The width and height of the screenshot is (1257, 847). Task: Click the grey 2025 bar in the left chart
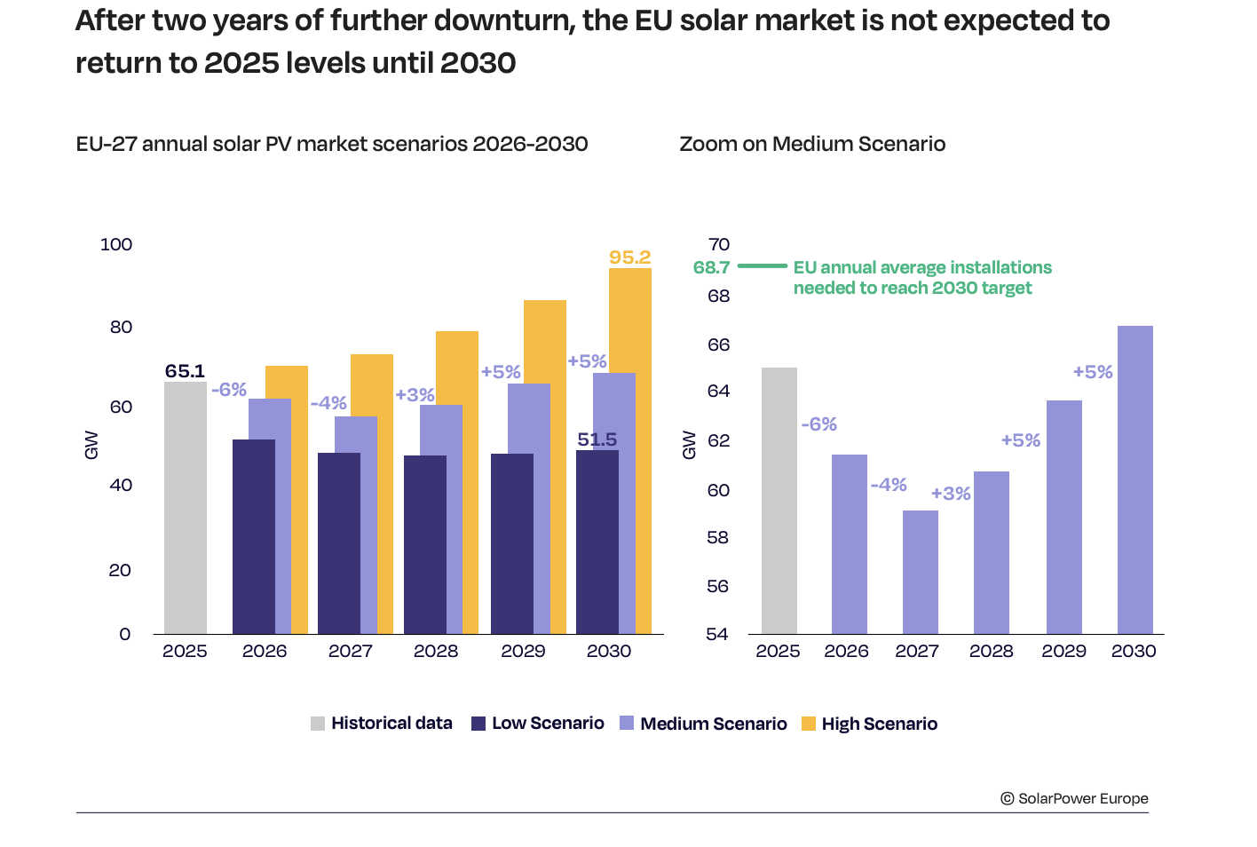(186, 508)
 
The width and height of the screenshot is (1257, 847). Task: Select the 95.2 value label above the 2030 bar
(630, 257)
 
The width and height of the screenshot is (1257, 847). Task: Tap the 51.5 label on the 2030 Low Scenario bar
(597, 439)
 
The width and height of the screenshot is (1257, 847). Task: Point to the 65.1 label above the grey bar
(185, 371)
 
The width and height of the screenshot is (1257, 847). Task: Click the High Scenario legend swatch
(808, 724)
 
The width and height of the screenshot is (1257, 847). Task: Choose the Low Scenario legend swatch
(478, 724)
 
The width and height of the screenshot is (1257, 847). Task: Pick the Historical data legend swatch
(318, 724)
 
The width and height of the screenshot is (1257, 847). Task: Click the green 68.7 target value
(711, 267)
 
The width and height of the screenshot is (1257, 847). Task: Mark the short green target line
(763, 265)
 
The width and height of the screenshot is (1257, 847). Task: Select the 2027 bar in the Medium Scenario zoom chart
(921, 572)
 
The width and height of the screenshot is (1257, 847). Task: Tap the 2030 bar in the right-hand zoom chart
(1135, 479)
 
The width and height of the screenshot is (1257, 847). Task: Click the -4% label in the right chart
(889, 485)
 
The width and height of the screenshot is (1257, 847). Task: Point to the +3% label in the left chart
(415, 395)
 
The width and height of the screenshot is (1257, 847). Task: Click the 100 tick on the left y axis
(116, 244)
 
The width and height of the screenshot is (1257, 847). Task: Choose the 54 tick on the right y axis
(718, 634)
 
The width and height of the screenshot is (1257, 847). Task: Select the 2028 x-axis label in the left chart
(436, 651)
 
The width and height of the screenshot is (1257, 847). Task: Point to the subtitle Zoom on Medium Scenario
(812, 144)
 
